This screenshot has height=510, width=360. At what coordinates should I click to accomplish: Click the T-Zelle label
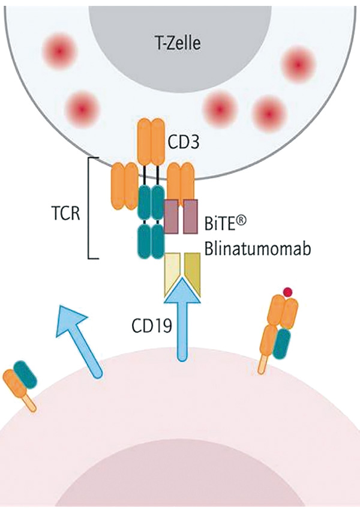coord(178,43)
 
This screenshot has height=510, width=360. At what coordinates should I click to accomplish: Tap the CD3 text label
coord(183,142)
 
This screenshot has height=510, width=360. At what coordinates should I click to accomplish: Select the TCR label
coord(65,214)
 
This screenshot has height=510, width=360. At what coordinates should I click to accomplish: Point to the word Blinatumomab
coord(257,248)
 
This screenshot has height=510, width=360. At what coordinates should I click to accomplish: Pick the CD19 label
coord(152,326)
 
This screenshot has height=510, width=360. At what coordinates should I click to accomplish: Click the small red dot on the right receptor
coord(287,292)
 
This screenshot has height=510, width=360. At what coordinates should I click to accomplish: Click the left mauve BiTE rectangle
coord(171,216)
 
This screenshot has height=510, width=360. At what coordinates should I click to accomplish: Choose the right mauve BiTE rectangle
coord(190,216)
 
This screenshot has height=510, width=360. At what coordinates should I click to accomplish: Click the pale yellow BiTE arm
coord(172,273)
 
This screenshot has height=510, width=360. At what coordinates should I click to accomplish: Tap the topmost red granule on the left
coord(59,51)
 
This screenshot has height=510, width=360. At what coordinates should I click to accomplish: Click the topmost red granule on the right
coord(298,64)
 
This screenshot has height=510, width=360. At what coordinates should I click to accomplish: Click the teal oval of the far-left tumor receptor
coord(25,374)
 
